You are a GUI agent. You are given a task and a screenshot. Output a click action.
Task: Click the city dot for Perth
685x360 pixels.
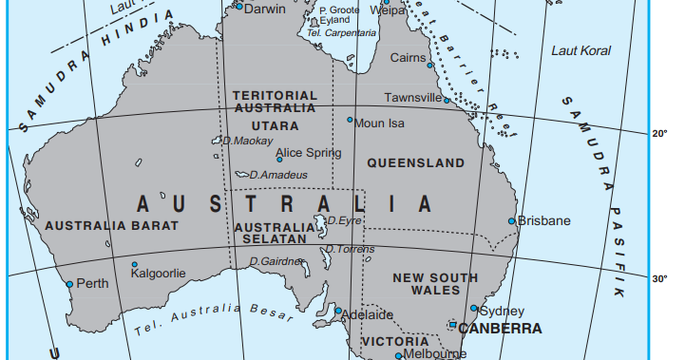[69, 284]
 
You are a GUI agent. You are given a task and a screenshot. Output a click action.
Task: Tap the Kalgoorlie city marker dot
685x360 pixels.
[134, 265]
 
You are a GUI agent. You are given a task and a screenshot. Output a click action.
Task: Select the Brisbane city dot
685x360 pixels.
[512, 221]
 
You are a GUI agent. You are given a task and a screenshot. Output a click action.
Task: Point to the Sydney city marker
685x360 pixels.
[474, 308]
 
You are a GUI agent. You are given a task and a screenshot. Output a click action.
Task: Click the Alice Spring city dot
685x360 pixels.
[279, 160]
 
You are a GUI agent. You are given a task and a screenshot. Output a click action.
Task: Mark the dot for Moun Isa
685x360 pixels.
[350, 120]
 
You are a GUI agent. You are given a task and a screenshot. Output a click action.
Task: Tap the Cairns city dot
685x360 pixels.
[429, 66]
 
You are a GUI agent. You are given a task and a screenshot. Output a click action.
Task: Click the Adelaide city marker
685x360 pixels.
[337, 310]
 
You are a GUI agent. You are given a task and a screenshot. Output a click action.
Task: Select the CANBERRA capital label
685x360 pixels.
[500, 330]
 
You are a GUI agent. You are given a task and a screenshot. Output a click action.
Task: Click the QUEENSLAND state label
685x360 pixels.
[415, 163]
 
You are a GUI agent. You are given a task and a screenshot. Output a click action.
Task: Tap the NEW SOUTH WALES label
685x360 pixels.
[436, 284]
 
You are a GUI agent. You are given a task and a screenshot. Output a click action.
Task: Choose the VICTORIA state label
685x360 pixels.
[395, 341]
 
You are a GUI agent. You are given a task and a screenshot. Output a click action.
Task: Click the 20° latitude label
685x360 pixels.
[661, 134]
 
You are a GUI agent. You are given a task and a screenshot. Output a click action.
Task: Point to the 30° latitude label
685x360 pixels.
[659, 279]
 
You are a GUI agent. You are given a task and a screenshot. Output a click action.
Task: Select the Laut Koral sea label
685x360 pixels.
[581, 50]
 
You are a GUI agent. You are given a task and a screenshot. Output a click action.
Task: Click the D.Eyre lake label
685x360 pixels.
[345, 220]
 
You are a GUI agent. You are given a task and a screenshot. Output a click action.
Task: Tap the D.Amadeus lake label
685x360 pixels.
[278, 175]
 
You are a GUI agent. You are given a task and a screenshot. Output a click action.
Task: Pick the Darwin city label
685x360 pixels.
[265, 9]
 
